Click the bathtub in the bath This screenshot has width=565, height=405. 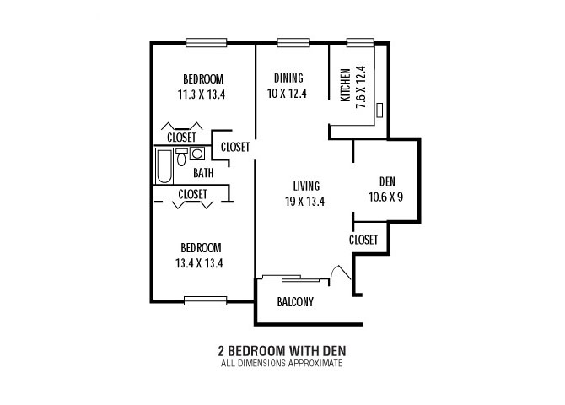[x=164, y=166]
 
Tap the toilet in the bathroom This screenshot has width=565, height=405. [x=181, y=157]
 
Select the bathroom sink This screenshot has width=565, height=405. [x=197, y=154]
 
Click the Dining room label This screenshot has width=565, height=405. [x=288, y=78]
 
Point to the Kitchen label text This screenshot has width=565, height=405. [x=345, y=85]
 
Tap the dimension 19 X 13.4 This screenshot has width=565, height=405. [x=304, y=202]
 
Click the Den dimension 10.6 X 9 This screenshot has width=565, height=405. [x=386, y=197]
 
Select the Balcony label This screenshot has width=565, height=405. [x=295, y=301]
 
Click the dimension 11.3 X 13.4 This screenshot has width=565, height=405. [x=202, y=94]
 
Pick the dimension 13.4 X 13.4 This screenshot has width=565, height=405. [x=199, y=263]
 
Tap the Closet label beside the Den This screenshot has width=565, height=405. [x=363, y=240]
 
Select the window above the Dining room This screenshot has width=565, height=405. [x=293, y=42]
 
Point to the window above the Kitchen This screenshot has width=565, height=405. [x=360, y=42]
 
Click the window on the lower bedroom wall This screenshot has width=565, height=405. [x=206, y=300]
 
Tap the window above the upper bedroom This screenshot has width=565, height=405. [x=206, y=42]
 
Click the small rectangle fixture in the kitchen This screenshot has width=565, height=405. [x=379, y=110]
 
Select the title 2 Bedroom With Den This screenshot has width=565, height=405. [x=282, y=350]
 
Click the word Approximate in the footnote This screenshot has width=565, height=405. [x=317, y=363]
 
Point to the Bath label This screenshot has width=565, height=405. [x=203, y=173]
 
